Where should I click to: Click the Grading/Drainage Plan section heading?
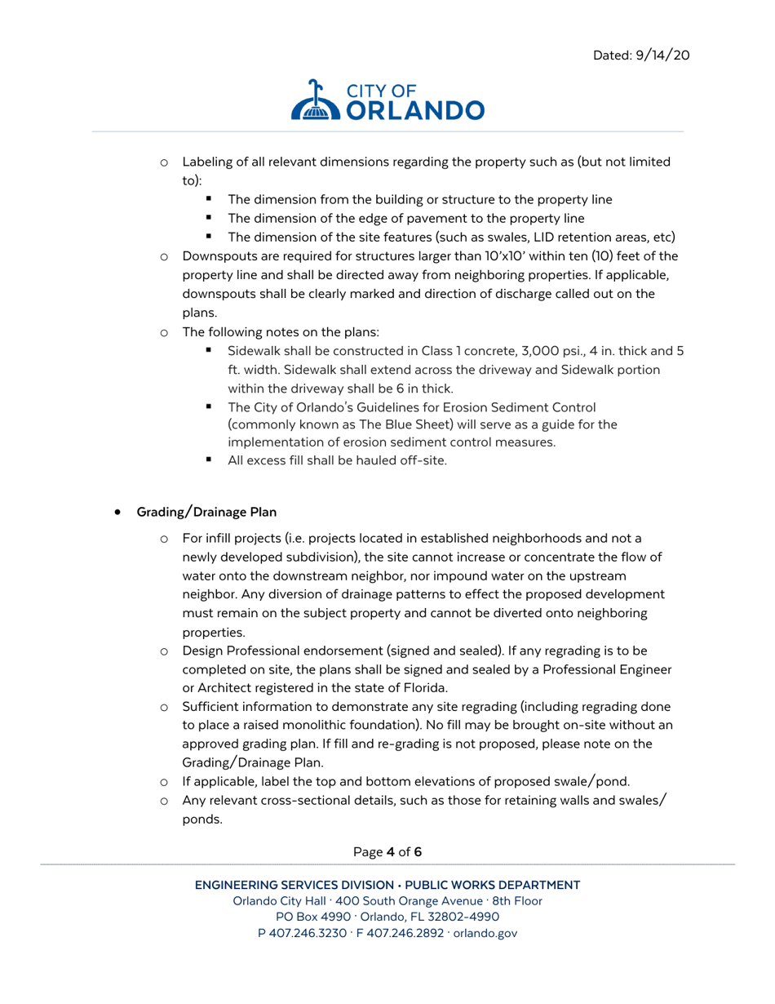[206, 513]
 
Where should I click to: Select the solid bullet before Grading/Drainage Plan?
[119, 513]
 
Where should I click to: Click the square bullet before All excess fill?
[210, 460]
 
